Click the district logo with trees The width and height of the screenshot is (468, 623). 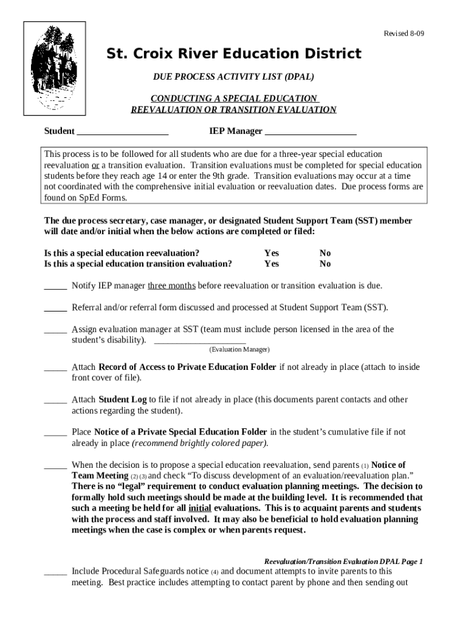pos(54,69)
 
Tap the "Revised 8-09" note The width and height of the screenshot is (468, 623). pos(403,33)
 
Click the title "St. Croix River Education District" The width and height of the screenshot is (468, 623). pos(234,54)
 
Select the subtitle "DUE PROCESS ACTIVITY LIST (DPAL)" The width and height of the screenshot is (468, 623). pos(233,77)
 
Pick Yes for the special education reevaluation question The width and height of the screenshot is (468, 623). pos(272,253)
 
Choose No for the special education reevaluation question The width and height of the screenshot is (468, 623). pos(325,253)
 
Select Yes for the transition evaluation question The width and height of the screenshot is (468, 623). pos(272,264)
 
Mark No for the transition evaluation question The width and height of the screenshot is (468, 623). pos(325,264)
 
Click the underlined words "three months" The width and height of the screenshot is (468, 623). pos(171,285)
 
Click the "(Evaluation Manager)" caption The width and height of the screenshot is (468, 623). pos(239,350)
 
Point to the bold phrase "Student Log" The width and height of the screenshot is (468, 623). pos(122,400)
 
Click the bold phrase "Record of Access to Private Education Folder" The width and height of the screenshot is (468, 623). pos(187,367)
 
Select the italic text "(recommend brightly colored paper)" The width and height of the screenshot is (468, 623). pos(200,443)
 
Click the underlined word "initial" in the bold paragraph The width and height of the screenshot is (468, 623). pos(201,508)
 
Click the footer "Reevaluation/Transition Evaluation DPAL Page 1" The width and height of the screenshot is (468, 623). pos(343,562)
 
